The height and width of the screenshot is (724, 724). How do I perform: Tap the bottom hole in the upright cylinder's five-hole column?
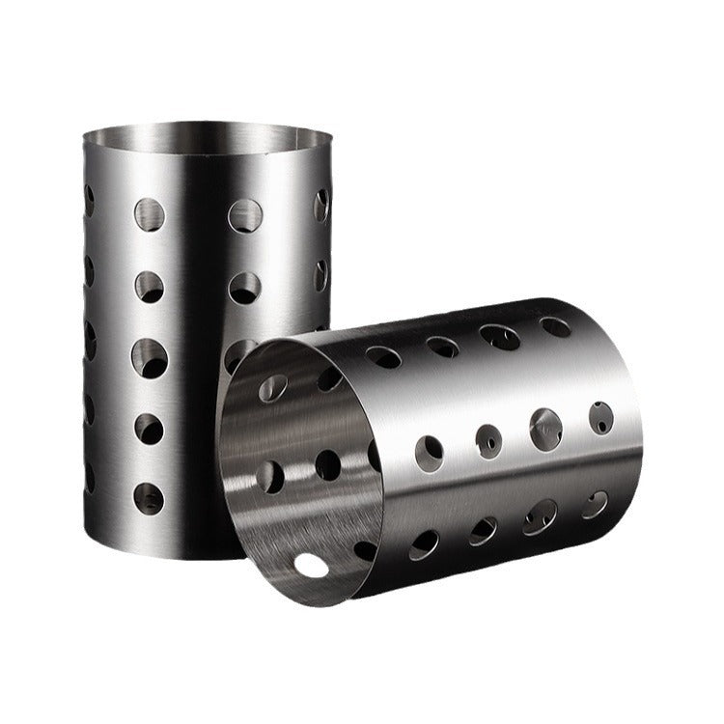click(x=149, y=498)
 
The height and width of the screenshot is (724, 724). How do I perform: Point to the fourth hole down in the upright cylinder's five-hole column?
click(x=149, y=428)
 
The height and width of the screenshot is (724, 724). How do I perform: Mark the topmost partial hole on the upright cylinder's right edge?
click(x=321, y=205)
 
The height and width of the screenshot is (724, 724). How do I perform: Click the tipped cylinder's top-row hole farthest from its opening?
click(x=555, y=326)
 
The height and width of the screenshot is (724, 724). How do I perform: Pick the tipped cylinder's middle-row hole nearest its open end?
click(x=429, y=449)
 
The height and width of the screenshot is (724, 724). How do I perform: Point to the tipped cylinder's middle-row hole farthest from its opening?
click(x=601, y=417)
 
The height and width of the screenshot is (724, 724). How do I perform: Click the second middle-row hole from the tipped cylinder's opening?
click(x=488, y=440)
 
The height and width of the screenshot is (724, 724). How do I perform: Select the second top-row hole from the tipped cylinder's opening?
click(x=442, y=347)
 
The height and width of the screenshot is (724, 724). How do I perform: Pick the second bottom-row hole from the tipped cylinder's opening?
click(x=482, y=531)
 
